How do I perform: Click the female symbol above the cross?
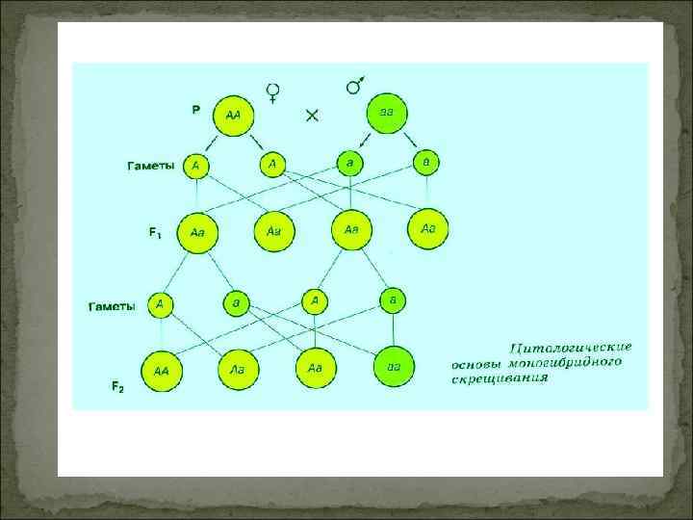273,92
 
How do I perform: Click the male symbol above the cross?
354,86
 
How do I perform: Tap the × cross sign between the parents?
312,115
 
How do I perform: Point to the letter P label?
195,110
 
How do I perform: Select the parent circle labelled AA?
233,116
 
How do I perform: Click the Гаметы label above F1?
152,166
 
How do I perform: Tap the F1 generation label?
155,232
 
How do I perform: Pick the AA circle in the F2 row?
160,369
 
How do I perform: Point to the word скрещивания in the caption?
500,379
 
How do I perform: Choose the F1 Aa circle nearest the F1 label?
197,232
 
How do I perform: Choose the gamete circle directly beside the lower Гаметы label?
160,305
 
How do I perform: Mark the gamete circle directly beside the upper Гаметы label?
196,166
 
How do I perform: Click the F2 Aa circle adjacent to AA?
236,367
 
